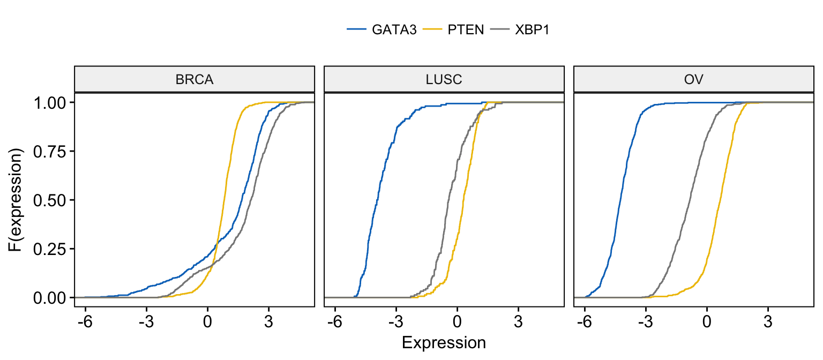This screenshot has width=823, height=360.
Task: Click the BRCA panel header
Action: pos(194,80)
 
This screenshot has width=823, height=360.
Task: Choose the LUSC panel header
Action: pos(444,80)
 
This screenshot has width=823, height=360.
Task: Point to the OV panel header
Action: pos(693,80)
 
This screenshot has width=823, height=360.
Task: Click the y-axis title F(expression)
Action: pos(17,200)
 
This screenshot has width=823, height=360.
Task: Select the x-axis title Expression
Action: pos(444,342)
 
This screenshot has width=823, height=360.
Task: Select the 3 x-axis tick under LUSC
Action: pos(518,323)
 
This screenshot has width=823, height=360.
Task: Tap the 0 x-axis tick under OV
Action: pos(707,323)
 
